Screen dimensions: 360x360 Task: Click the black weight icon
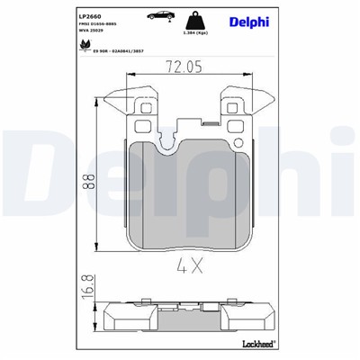point(195,20)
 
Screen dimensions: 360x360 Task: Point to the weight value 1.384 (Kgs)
point(195,32)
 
